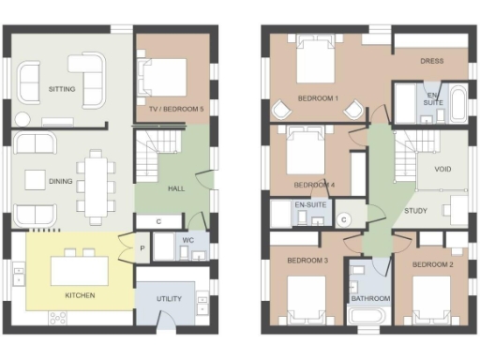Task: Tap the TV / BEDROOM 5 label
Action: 176,110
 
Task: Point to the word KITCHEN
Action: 80,296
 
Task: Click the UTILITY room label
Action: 170,299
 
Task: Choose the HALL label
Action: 175,188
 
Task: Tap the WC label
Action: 187,241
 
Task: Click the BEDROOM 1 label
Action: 318,97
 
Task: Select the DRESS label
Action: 431,61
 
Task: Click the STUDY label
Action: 416,211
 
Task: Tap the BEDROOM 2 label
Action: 431,265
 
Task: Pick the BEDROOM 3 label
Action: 307,260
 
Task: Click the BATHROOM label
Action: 369,299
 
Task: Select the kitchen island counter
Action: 80,270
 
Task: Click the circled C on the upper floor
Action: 344,218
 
